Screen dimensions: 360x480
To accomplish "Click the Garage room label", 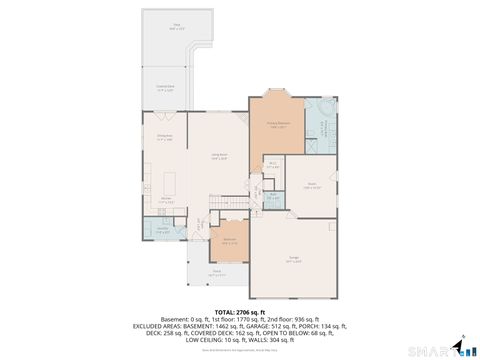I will pos(291,259).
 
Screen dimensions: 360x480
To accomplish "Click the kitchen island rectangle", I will pos(169,183).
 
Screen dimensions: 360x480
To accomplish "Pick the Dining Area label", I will pos(166,138).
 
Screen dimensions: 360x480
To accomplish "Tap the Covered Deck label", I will pos(165,88).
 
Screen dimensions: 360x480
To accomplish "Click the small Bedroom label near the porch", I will pos(229,241).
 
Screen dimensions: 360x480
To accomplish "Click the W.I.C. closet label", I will pos(272,165).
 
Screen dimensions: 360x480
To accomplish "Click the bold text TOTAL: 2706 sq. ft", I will pos(239,311).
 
